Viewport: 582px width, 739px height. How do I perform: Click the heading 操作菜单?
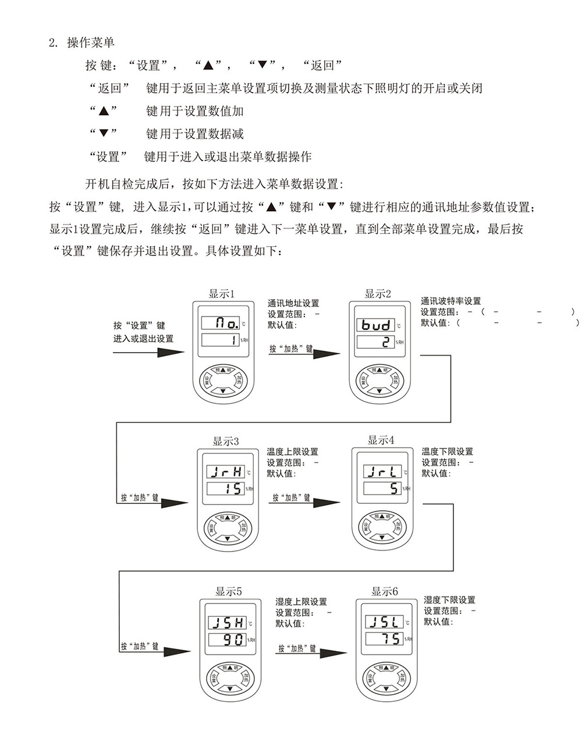pyautogui.click(x=91, y=42)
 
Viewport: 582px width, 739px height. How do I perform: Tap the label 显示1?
pyautogui.click(x=222, y=294)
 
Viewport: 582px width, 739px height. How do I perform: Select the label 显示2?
pyautogui.click(x=378, y=294)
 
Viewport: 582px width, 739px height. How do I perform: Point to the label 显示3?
pyautogui.click(x=226, y=441)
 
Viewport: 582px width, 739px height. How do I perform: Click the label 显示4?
pyautogui.click(x=381, y=440)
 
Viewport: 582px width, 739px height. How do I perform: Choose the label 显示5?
pyautogui.click(x=229, y=592)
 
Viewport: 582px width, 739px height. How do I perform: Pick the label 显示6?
pyautogui.click(x=385, y=592)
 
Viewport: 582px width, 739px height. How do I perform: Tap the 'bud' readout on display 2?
pyautogui.click(x=377, y=325)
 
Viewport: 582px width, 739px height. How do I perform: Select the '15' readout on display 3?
pyautogui.click(x=226, y=489)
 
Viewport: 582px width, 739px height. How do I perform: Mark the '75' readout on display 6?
pyautogui.click(x=385, y=639)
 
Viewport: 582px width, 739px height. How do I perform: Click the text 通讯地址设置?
pyautogui.click(x=293, y=303)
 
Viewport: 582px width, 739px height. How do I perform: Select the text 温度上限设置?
pyautogui.click(x=293, y=452)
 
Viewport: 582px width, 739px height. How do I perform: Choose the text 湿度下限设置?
pyautogui.click(x=449, y=600)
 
